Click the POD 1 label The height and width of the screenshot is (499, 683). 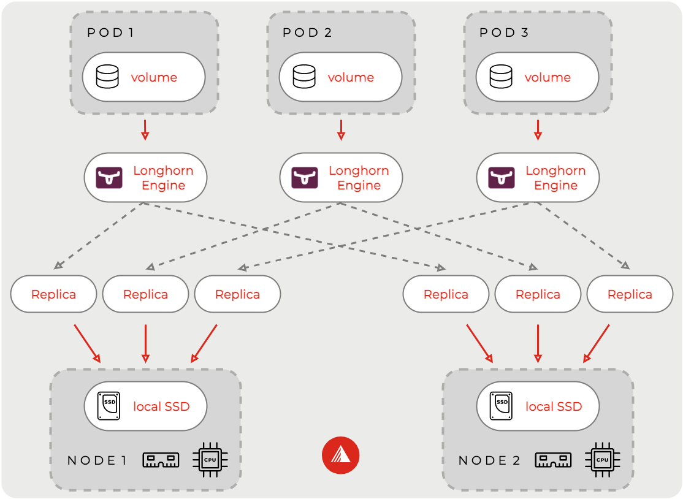pyautogui.click(x=110, y=32)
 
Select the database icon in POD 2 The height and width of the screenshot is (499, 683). pyautogui.click(x=304, y=77)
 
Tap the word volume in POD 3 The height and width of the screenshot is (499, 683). pyautogui.click(x=548, y=78)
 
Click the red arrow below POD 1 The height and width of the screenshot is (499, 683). pyautogui.click(x=145, y=129)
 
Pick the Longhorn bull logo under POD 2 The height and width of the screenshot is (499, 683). pyautogui.click(x=305, y=178)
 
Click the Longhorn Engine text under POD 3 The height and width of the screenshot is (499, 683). pyautogui.click(x=555, y=178)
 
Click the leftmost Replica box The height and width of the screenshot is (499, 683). pyautogui.click(x=53, y=294)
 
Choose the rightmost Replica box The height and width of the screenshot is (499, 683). pyautogui.click(x=630, y=294)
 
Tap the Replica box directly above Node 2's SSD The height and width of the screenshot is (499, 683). pyautogui.click(x=538, y=294)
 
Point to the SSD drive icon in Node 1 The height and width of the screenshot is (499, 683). pyautogui.click(x=109, y=406)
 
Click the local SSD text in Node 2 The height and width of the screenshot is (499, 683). pyautogui.click(x=554, y=406)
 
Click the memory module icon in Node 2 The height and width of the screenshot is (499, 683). pyautogui.click(x=553, y=460)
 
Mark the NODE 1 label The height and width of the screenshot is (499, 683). pyautogui.click(x=97, y=460)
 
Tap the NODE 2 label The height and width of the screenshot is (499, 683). pyautogui.click(x=489, y=460)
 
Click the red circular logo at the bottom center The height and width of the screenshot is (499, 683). pyautogui.click(x=340, y=455)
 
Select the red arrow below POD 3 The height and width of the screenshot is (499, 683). pyautogui.click(x=538, y=129)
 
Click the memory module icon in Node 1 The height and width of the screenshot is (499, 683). pyautogui.click(x=161, y=460)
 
